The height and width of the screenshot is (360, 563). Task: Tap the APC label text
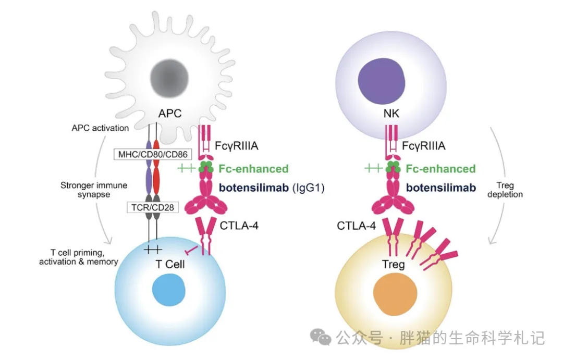pos(170,113)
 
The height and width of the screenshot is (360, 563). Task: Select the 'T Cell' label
pos(170,264)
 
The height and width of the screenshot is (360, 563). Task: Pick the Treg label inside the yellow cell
pos(393,265)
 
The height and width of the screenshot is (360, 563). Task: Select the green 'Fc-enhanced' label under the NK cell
pos(440,169)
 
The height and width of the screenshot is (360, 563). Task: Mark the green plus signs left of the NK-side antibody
pos(373,168)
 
